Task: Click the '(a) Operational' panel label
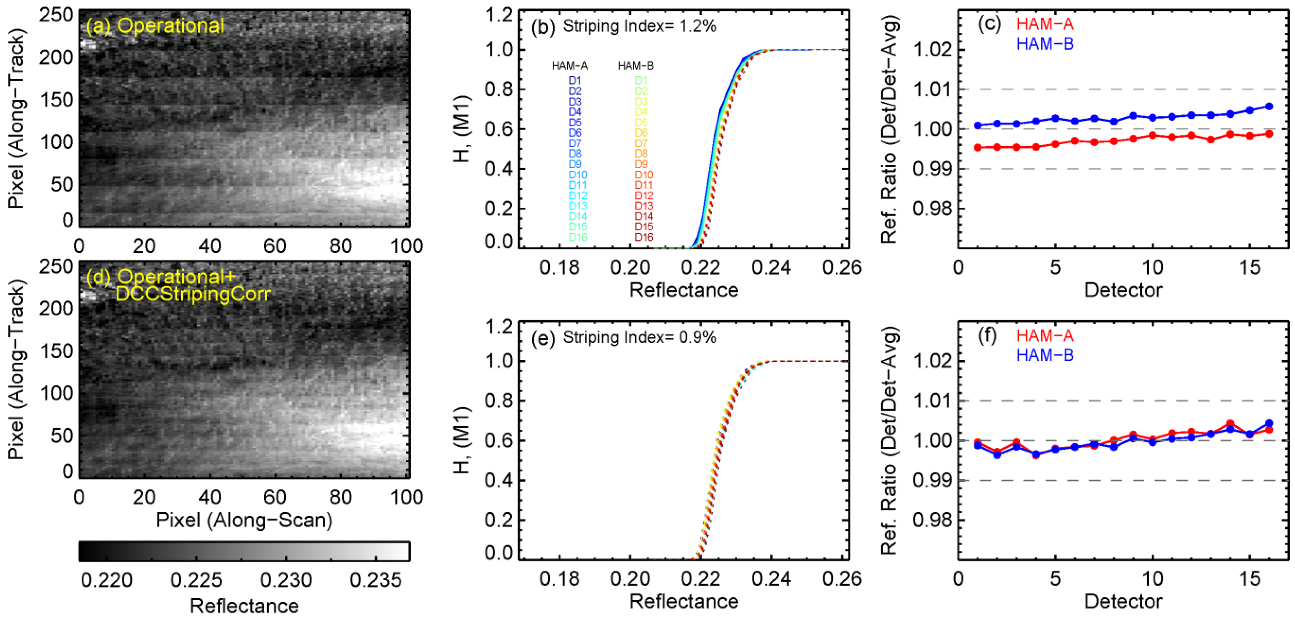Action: point(155,26)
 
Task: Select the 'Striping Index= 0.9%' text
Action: point(639,337)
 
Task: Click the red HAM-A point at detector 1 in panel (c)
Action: point(978,147)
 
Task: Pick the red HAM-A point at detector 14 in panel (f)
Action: point(1230,424)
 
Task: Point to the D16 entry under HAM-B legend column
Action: point(643,237)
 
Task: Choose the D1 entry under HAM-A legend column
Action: point(575,80)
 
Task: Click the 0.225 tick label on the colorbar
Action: point(196,580)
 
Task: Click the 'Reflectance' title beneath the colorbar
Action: point(244,606)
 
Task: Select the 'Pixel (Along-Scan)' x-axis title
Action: point(244,520)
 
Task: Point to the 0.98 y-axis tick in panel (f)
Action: point(933,520)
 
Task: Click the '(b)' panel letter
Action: point(543,27)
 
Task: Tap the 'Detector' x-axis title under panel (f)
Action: point(1123,601)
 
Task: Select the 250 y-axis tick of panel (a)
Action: point(56,15)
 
